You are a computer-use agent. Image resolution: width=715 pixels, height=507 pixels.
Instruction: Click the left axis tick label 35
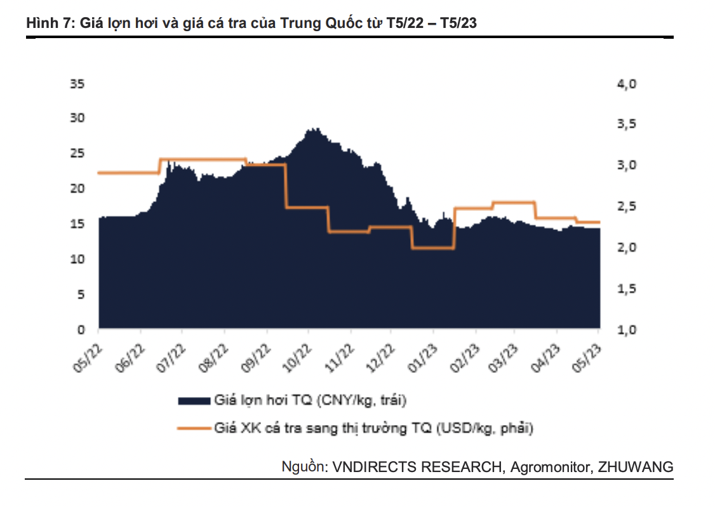tap(80, 83)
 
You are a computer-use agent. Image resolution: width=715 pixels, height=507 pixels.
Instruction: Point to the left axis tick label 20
tap(80, 189)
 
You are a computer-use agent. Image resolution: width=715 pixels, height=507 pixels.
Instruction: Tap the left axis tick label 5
tap(83, 295)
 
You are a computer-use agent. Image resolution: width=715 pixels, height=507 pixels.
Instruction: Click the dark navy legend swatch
tap(194, 400)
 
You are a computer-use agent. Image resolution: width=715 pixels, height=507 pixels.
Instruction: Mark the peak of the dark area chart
tap(312, 130)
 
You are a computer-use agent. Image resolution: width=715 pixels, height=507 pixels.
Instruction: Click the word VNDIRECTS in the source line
tap(373, 467)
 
